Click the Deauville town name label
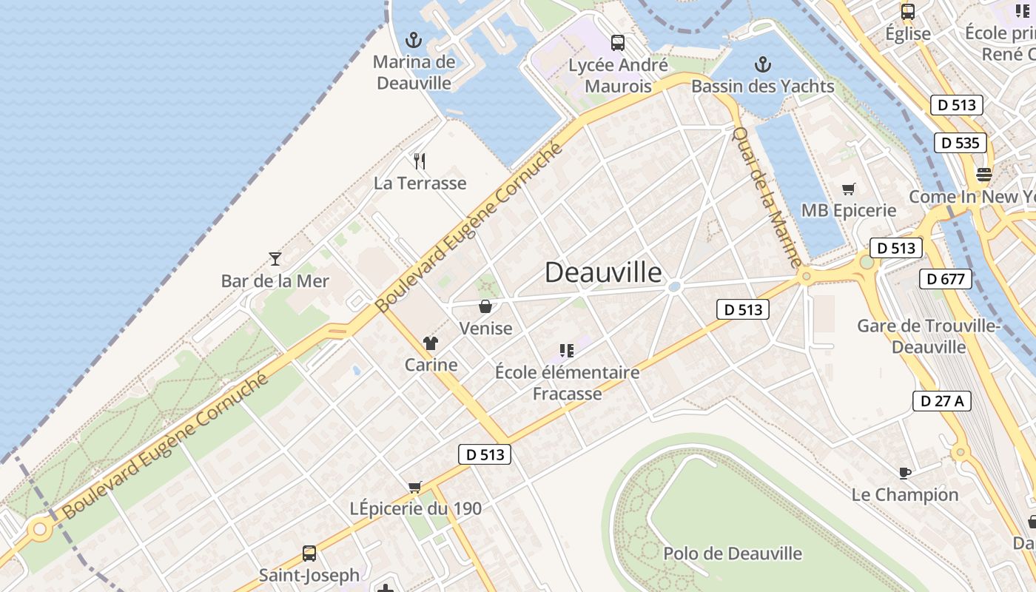click(x=603, y=272)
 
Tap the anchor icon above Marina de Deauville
click(x=414, y=40)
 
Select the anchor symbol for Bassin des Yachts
click(x=762, y=64)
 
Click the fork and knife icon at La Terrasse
click(x=420, y=161)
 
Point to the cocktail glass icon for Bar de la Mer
click(x=275, y=258)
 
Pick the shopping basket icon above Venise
click(x=485, y=306)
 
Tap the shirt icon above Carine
click(x=431, y=343)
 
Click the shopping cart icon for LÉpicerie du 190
click(x=415, y=487)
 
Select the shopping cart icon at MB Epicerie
click(x=849, y=189)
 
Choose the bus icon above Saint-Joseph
click(x=309, y=553)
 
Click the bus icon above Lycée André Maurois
click(x=618, y=43)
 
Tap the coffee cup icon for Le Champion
click(x=904, y=472)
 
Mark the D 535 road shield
click(x=961, y=143)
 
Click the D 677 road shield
click(x=945, y=279)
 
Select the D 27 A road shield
click(x=941, y=401)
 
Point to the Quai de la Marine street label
click(x=767, y=198)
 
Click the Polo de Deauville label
click(x=733, y=554)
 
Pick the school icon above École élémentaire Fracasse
click(x=567, y=350)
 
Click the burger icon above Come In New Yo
click(x=984, y=175)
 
